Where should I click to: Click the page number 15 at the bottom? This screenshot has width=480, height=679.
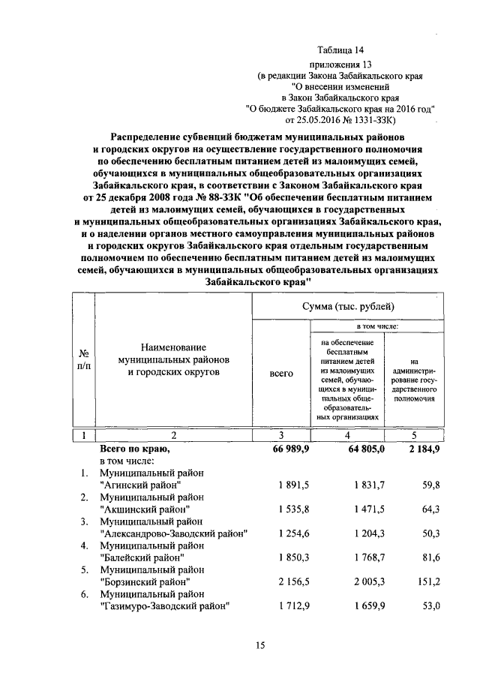click(261, 644)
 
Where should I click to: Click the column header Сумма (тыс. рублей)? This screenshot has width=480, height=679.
click(348, 307)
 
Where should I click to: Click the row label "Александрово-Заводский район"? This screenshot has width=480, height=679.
click(173, 533)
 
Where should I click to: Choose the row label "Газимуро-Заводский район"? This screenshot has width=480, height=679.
click(164, 605)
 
